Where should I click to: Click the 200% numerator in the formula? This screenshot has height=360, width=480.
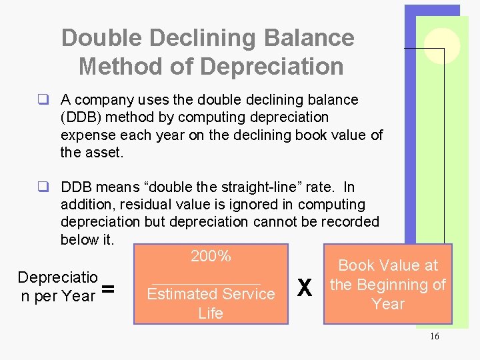click(211, 256)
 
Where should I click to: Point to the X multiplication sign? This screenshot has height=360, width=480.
click(304, 288)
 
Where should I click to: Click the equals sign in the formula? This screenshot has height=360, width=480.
click(107, 289)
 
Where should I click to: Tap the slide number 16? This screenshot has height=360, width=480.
click(435, 337)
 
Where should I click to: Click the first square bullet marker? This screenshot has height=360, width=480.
click(43, 100)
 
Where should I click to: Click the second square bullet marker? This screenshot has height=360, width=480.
click(43, 187)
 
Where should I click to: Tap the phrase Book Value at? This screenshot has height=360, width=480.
click(388, 265)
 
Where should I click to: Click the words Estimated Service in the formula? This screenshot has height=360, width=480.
click(211, 294)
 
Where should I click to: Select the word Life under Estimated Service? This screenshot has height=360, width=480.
click(211, 313)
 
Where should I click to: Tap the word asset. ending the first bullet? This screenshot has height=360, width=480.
click(107, 152)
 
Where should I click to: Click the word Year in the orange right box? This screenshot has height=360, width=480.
click(388, 304)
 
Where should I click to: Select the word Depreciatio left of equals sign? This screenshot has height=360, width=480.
click(58, 277)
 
